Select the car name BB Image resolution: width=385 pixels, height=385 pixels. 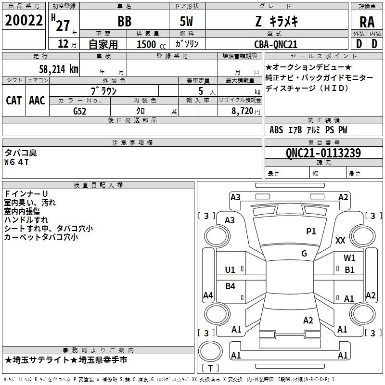pos(124,22)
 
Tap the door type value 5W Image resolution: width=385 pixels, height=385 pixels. pos(187,22)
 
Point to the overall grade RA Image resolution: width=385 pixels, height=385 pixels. pos(367,22)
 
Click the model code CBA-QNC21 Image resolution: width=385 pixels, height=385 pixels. pos(276,44)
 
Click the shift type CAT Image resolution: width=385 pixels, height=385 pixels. pos(13,100)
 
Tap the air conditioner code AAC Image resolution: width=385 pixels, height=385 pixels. pos(37,100)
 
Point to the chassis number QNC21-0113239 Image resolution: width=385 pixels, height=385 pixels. pos(323,153)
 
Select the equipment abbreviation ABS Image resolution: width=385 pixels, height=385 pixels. pos(276,130)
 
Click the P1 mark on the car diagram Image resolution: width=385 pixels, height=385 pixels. pos(311,231)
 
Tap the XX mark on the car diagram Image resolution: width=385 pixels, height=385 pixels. pos(340,241)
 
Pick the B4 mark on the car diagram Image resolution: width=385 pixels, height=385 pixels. pos(231,286)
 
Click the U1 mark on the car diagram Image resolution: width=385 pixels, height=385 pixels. pos(230,269)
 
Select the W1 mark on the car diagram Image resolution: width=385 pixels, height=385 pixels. pos(349,258)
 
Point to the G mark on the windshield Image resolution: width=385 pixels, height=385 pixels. pos(304,253)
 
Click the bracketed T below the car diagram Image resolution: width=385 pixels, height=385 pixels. pos(210,368)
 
